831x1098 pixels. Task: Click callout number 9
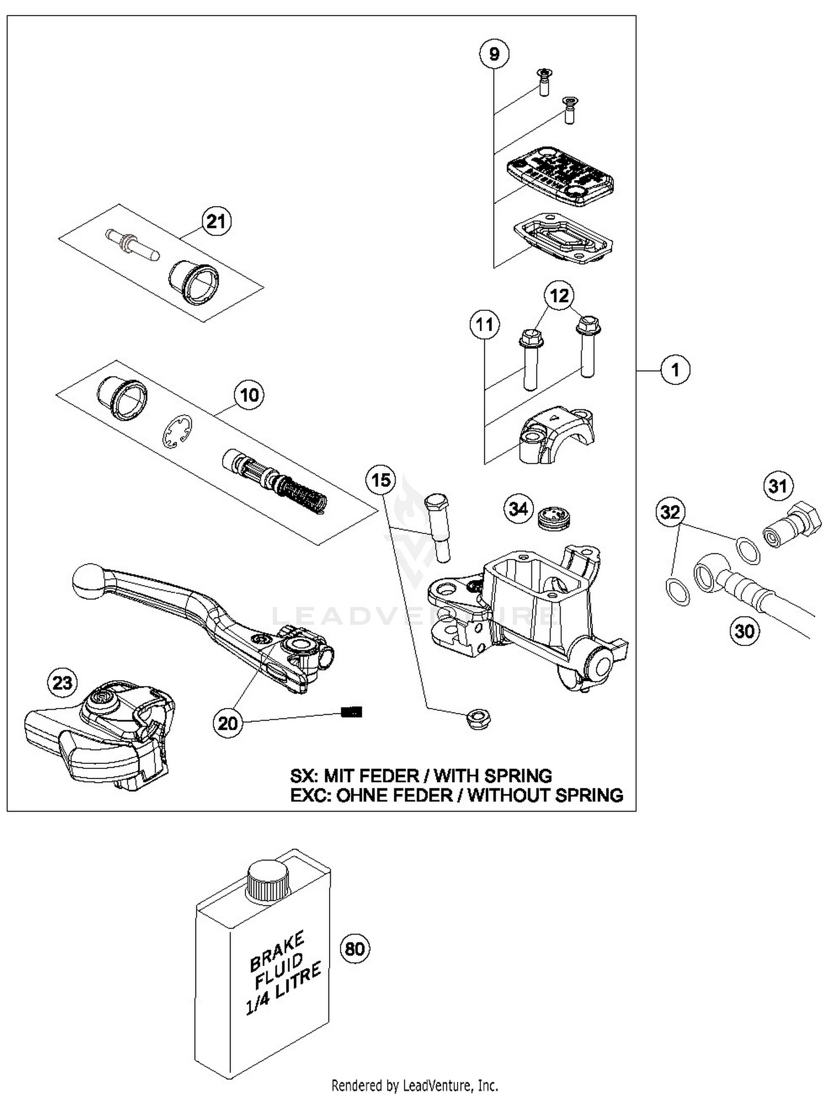(x=494, y=54)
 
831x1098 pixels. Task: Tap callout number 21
(x=216, y=222)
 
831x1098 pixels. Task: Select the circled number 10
(x=249, y=395)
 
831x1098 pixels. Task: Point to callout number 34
(x=519, y=508)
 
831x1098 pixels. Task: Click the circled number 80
(x=355, y=948)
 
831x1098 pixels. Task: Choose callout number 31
(x=778, y=486)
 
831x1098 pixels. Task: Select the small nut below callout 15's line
(x=479, y=719)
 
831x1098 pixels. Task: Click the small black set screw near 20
(x=351, y=712)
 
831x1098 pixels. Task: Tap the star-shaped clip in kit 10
(x=177, y=432)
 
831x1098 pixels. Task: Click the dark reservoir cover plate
(x=560, y=176)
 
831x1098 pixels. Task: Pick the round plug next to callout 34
(x=554, y=518)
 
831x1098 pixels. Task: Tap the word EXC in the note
(x=307, y=796)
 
